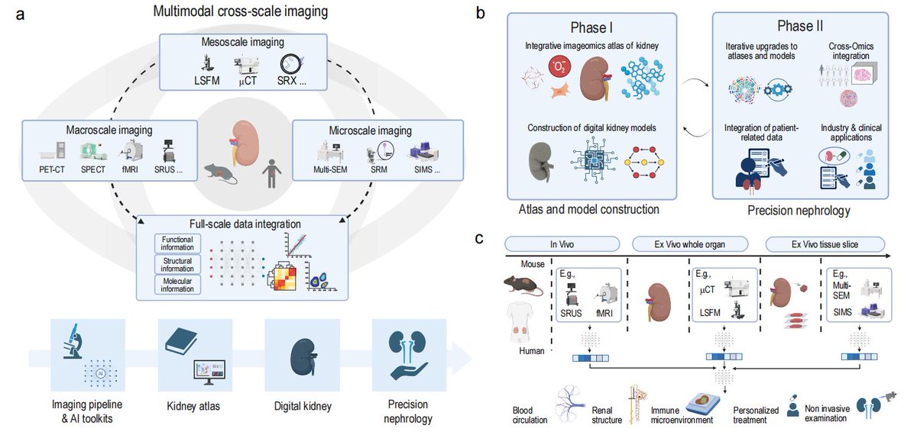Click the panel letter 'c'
479,238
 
